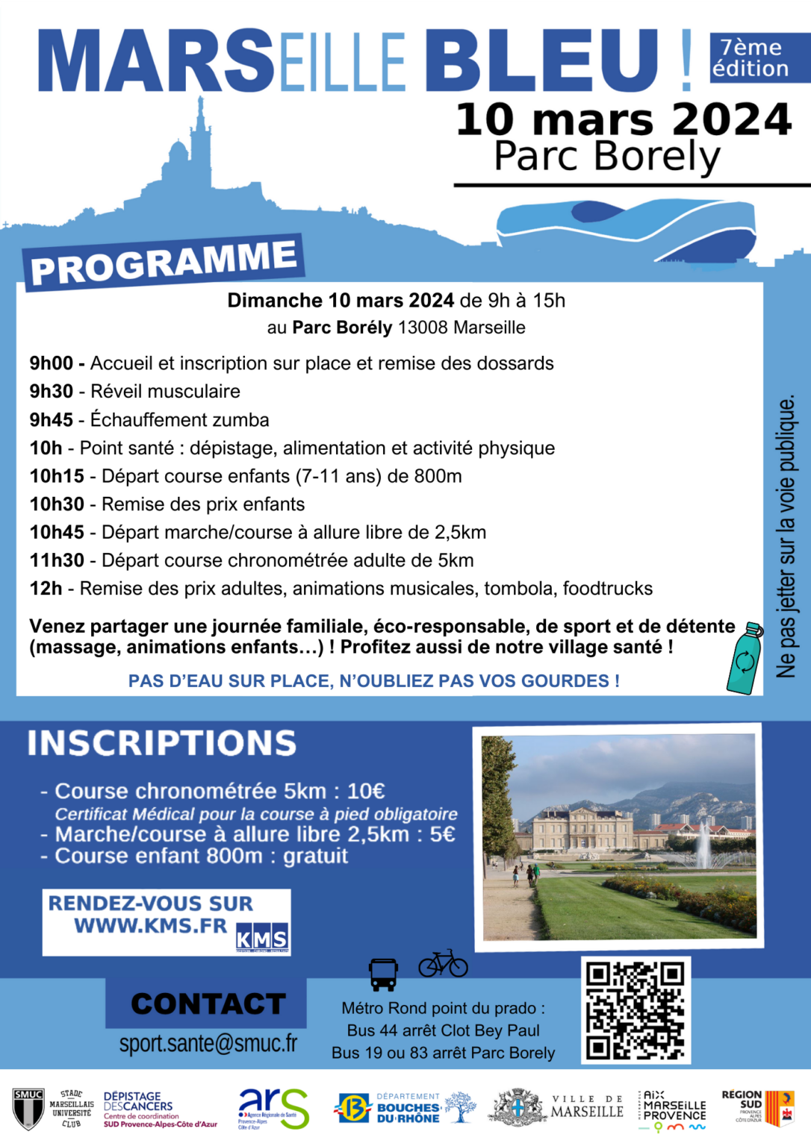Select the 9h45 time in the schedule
[51, 420]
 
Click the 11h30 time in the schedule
[57, 560]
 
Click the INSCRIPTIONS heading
[162, 743]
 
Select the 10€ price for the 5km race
[366, 791]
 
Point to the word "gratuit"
[315, 856]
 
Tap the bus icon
[383, 974]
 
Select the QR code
[636, 1010]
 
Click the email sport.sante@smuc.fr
[208, 1043]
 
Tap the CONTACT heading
[208, 1004]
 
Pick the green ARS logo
[273, 1108]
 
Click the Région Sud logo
[757, 1108]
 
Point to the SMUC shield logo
[28, 1109]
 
